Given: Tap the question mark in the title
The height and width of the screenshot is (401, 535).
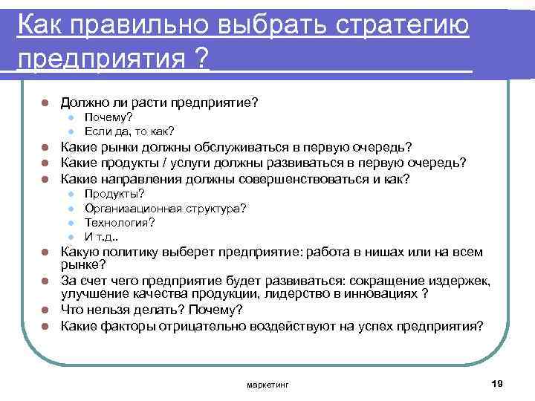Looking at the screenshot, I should point(199,57).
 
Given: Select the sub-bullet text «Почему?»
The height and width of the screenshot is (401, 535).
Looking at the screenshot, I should point(108,117).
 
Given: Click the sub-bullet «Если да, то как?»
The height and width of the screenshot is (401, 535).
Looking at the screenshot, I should point(129,131).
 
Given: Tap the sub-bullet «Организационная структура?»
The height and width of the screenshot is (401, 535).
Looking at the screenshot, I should point(165,209).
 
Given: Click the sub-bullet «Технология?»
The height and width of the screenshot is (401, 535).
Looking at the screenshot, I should point(120,223).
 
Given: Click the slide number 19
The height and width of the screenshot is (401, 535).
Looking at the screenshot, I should point(497,382).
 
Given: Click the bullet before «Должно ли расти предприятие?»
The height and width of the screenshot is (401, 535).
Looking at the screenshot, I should point(45,101).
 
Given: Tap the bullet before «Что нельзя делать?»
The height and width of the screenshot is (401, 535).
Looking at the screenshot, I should point(45,310).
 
